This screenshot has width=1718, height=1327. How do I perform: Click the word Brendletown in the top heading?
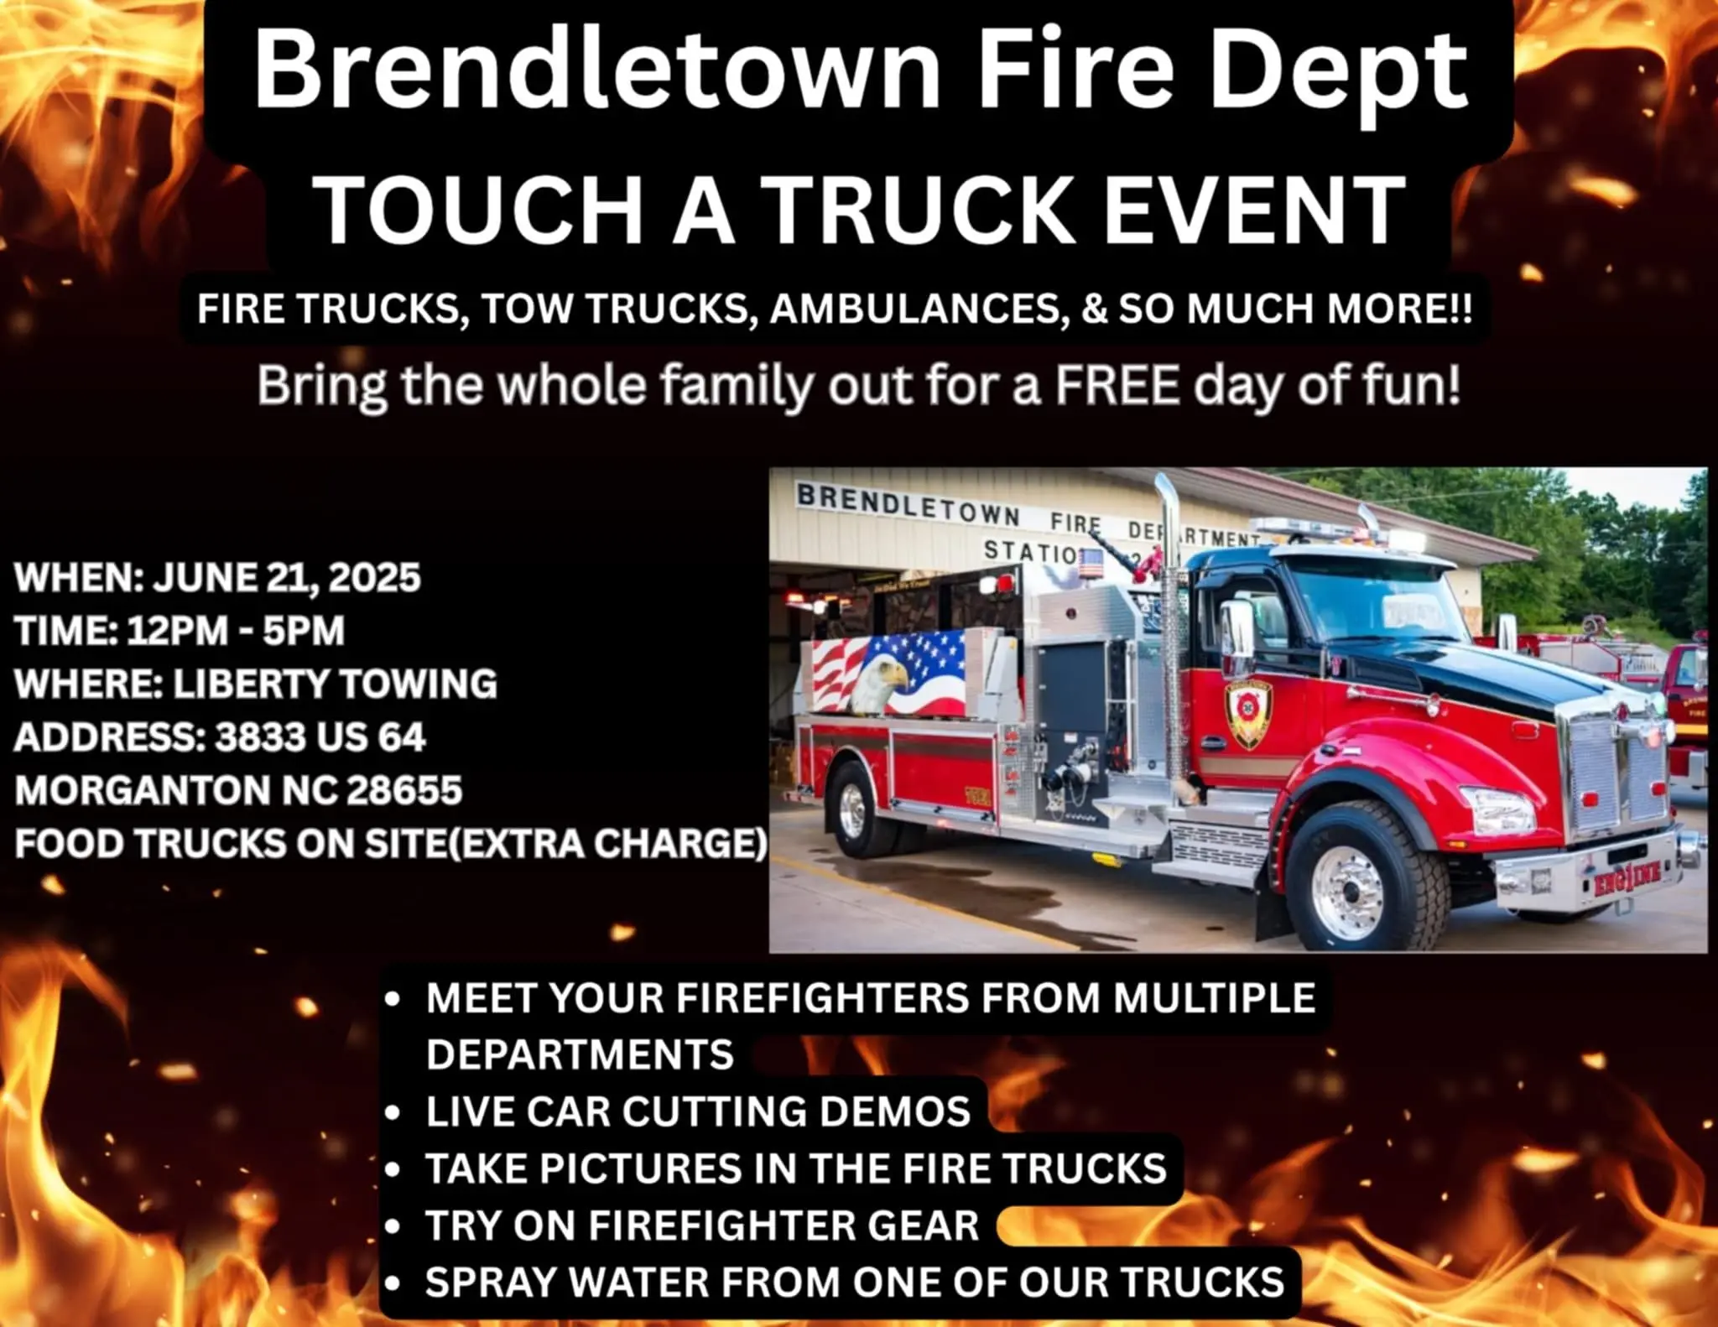pyautogui.click(x=598, y=70)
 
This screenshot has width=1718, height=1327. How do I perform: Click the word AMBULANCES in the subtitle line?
pyautogui.click(x=919, y=309)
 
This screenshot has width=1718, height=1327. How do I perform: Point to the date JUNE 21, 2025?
pyautogui.click(x=287, y=578)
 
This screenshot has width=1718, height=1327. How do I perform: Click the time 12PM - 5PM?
pyautogui.click(x=236, y=631)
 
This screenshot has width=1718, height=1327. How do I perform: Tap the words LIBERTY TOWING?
pyautogui.click(x=335, y=684)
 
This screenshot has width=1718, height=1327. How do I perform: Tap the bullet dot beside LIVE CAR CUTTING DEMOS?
pyautogui.click(x=392, y=1112)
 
